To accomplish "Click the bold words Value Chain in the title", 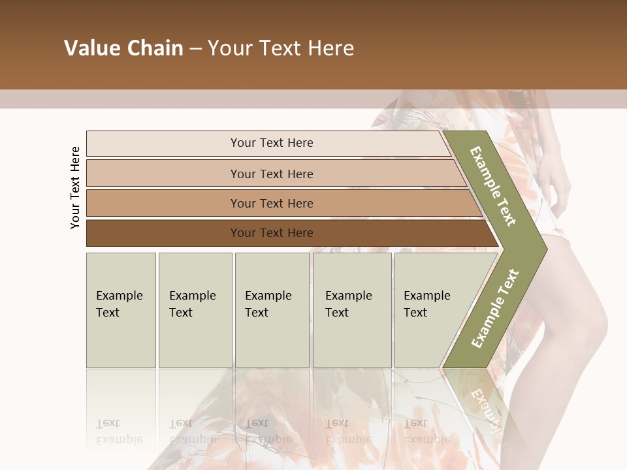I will (123, 48).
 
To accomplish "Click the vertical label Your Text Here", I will (75, 187).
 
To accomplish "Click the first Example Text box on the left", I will (121, 309).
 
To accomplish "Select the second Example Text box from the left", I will (195, 309).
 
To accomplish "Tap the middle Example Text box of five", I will (272, 309).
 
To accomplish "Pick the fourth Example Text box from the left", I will (352, 309).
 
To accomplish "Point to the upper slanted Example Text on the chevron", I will (493, 186).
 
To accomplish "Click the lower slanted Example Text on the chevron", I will (495, 308).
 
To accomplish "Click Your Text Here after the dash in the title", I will (281, 48).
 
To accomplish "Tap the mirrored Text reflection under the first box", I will (108, 423).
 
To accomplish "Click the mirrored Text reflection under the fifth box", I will (415, 423).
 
